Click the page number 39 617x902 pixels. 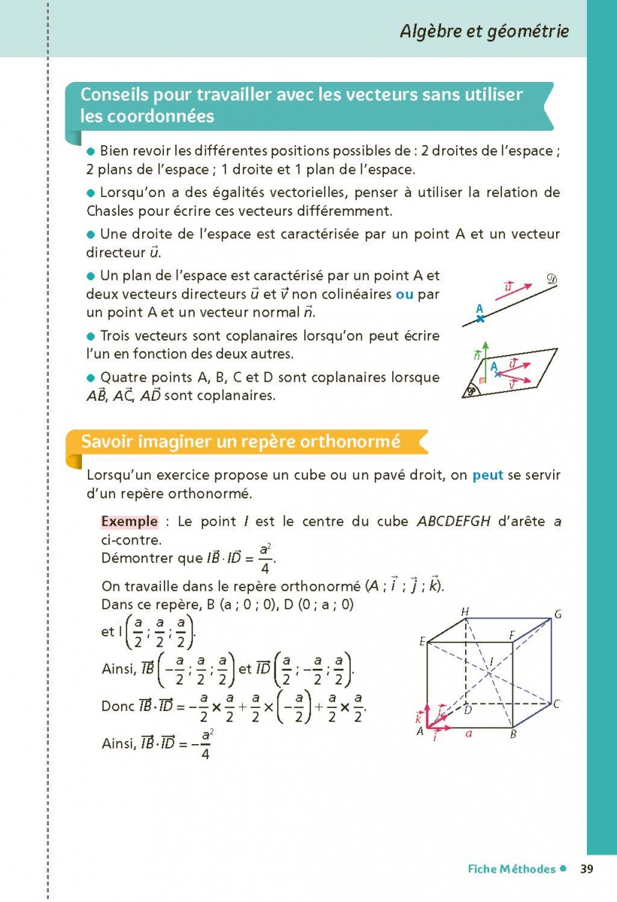pyautogui.click(x=587, y=869)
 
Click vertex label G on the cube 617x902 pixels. pyautogui.click(x=558, y=615)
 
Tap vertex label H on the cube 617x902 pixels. pyautogui.click(x=465, y=612)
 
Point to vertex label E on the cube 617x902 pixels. pyautogui.click(x=422, y=641)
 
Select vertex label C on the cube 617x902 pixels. pyautogui.click(x=557, y=704)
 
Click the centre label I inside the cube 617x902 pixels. pyautogui.click(x=491, y=662)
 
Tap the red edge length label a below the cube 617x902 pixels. pyautogui.click(x=468, y=733)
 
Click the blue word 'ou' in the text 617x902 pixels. pyautogui.click(x=404, y=295)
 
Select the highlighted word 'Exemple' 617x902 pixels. pyautogui.click(x=129, y=522)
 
